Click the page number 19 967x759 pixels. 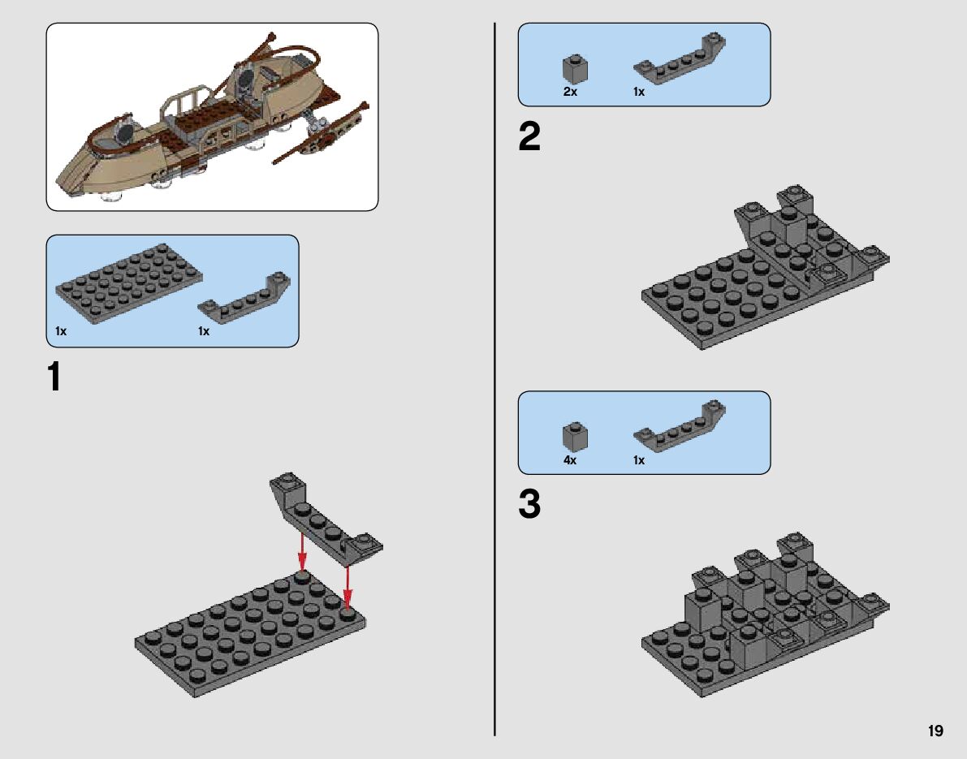tap(935, 731)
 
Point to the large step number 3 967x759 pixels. tap(529, 504)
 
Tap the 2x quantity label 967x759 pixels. tap(570, 92)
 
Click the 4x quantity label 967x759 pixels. tap(570, 460)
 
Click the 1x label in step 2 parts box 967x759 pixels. tap(639, 92)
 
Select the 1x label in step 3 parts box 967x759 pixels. tap(639, 460)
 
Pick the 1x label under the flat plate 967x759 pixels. tap(61, 331)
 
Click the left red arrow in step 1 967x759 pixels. tap(301, 552)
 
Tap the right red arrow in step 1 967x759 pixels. tap(348, 586)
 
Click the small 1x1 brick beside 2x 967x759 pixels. tap(575, 69)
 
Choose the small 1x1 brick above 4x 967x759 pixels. tap(575, 438)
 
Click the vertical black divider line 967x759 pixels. tap(494, 379)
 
